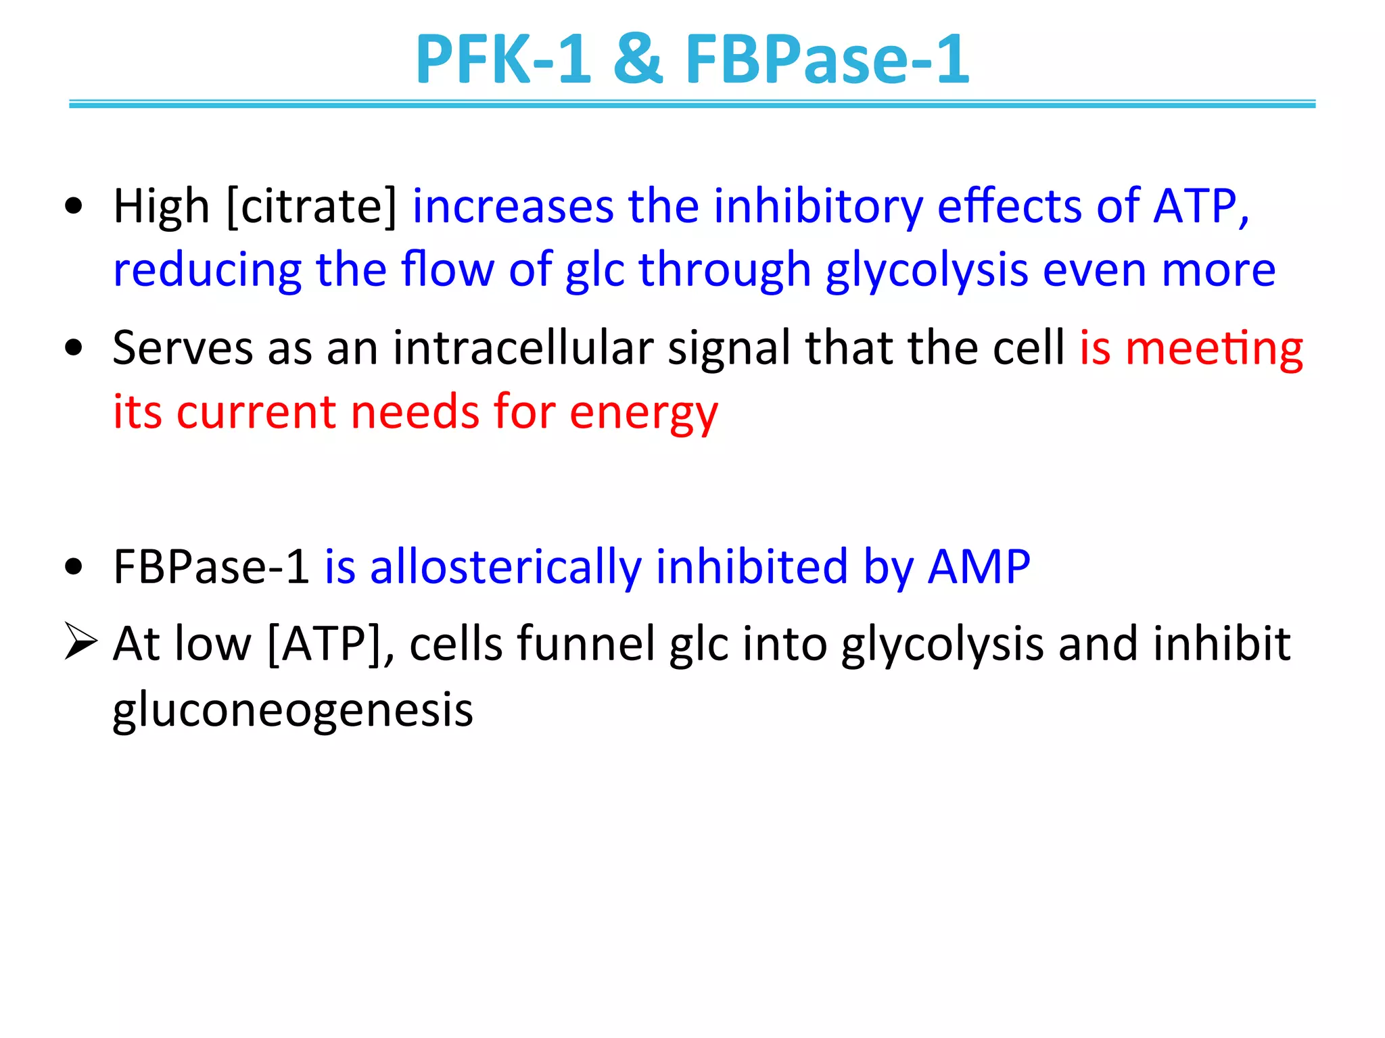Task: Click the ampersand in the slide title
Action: pos(638,59)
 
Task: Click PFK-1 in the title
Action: pos(502,59)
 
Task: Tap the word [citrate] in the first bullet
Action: pos(312,206)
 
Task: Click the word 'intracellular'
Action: pos(523,348)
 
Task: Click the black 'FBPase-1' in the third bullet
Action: pos(211,566)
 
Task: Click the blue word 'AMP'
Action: pos(979,566)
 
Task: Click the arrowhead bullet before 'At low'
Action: pos(80,641)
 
